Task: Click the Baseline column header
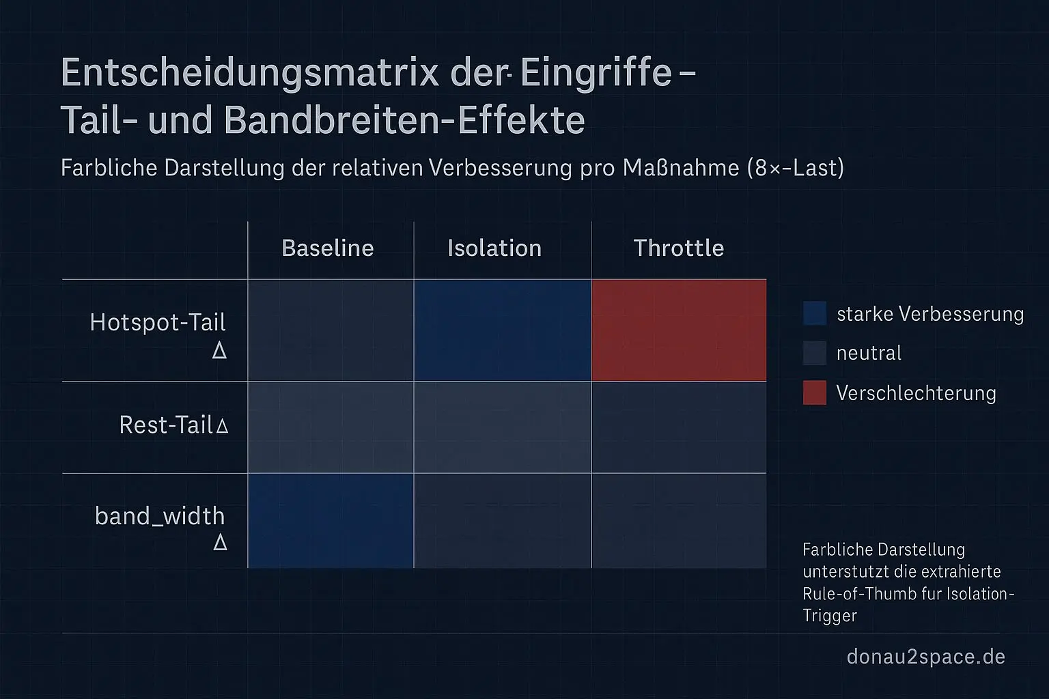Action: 328,248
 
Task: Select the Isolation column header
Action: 494,248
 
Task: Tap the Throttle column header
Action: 678,248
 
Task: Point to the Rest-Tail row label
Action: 173,425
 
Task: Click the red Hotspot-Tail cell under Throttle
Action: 679,330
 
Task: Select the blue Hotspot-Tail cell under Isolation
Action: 503,330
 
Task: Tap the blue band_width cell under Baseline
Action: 331,521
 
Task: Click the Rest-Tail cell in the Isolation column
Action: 503,427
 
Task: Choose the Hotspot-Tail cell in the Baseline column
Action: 331,330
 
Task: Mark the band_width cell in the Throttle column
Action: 679,521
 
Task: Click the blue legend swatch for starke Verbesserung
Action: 815,313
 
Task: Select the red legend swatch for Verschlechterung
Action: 815,393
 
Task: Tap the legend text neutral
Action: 869,353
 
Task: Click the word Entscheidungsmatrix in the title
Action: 250,72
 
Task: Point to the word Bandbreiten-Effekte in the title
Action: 404,120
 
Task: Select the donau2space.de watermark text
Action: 925,657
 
